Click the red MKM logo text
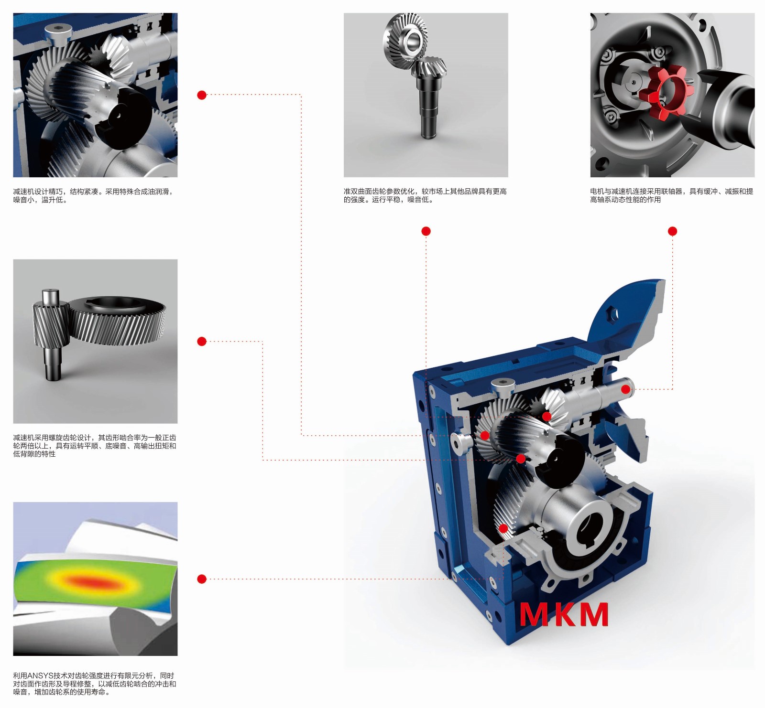point(564,614)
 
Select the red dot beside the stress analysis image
point(202,579)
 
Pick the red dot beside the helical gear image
point(202,342)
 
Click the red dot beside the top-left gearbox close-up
point(202,95)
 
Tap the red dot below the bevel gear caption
point(426,231)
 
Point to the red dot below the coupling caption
point(672,231)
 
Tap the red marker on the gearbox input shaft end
point(626,389)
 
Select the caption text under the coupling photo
point(672,195)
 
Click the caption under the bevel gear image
point(425,195)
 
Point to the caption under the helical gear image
point(95,446)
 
